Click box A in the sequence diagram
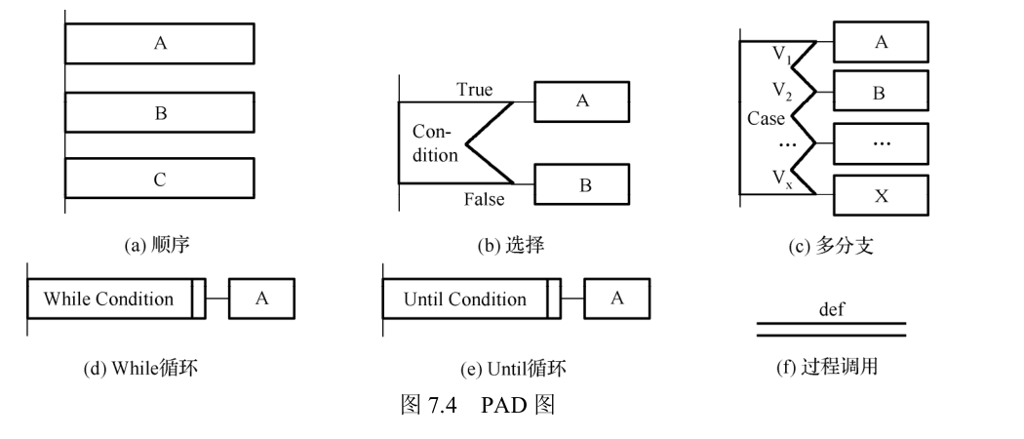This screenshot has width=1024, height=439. (x=160, y=44)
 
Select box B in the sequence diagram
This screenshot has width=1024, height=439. (x=160, y=112)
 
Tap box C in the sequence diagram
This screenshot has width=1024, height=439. (x=160, y=180)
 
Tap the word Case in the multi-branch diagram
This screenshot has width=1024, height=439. (x=766, y=118)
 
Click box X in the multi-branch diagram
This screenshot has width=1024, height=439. (x=881, y=195)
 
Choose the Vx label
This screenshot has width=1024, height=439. (x=782, y=179)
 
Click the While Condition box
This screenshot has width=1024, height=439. (x=109, y=299)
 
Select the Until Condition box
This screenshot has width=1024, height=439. (x=464, y=299)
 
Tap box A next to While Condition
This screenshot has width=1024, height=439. (x=261, y=299)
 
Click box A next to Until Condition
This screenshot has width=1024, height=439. (x=617, y=299)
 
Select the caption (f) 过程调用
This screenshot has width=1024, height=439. (x=831, y=368)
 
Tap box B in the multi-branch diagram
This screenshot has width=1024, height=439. (x=881, y=94)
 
